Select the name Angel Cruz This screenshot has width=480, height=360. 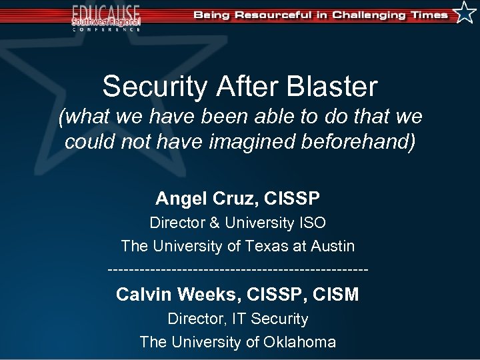pyautogui.click(x=207, y=198)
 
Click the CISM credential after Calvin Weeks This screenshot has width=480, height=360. pyautogui.click(x=337, y=294)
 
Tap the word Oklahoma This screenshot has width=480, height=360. pyautogui.click(x=299, y=342)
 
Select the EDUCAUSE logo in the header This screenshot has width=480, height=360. pyautogui.click(x=107, y=17)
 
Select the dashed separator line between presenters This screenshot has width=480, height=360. pyautogui.click(x=237, y=270)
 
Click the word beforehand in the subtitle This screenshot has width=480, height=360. pyautogui.click(x=355, y=142)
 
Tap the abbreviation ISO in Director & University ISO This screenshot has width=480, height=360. pyautogui.click(x=313, y=222)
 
